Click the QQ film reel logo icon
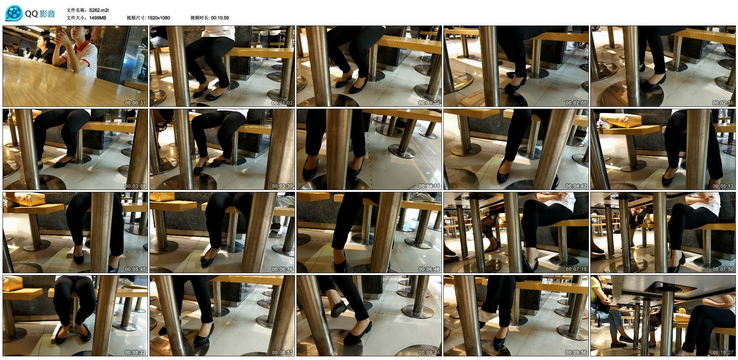13,13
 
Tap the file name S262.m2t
99,10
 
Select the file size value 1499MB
98,18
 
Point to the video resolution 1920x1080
159,18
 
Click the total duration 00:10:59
220,18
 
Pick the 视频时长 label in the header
200,18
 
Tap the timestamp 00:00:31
135,103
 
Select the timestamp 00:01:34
429,103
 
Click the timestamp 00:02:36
723,103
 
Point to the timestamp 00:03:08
135,186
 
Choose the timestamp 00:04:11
429,186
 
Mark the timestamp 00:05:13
723,186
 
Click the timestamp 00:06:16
282,269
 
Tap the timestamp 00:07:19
576,269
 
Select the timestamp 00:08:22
135,352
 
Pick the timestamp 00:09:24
429,352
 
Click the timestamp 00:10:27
723,352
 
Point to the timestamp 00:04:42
576,186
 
